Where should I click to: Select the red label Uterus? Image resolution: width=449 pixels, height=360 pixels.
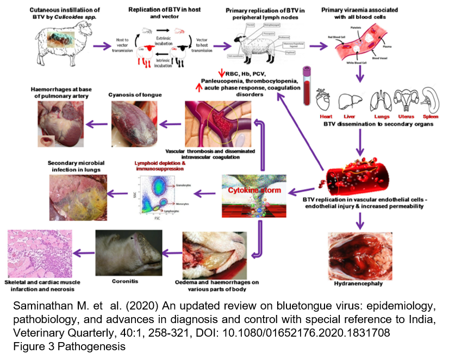[x=406, y=116]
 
